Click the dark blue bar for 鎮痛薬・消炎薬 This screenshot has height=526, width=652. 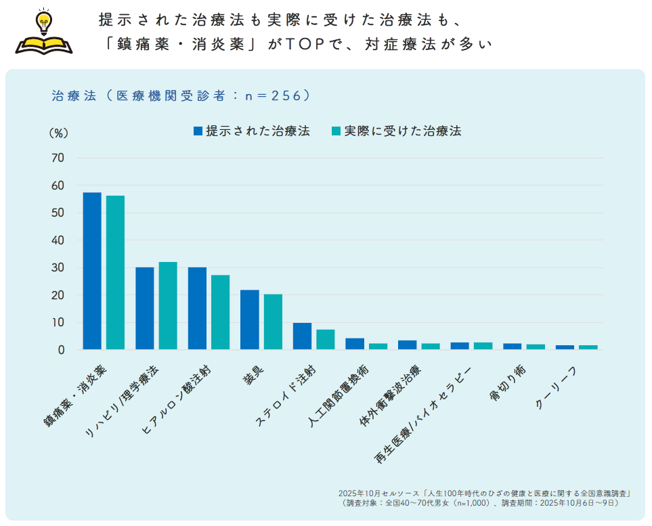click(x=92, y=271)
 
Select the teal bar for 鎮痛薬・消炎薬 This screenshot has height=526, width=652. click(x=115, y=273)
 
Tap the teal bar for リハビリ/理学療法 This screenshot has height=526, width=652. click(x=168, y=306)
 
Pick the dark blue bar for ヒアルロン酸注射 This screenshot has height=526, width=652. click(x=197, y=309)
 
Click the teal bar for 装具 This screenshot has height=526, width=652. click(x=273, y=322)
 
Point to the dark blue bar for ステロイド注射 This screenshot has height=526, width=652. click(x=302, y=336)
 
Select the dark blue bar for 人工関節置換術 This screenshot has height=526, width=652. click(x=355, y=344)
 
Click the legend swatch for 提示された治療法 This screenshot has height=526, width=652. click(x=198, y=131)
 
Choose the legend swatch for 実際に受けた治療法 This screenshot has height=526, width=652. click(x=336, y=131)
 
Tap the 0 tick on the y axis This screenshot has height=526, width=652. click(x=61, y=350)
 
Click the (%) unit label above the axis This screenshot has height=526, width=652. click(x=58, y=133)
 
